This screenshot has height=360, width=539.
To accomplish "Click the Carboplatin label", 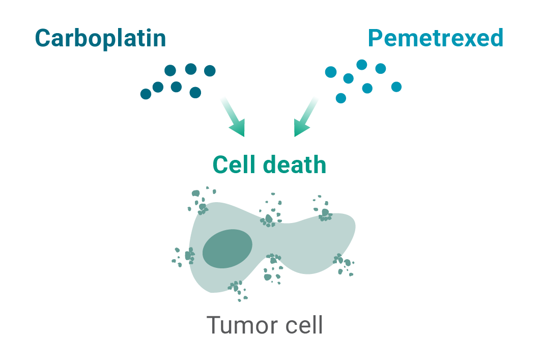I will (x=100, y=38).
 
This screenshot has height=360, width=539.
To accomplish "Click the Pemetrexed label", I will (x=436, y=38).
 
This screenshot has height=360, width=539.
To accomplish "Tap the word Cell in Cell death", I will (x=233, y=165).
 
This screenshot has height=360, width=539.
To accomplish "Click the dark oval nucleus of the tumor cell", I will (x=228, y=248).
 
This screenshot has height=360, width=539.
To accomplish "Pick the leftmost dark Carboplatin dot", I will (x=146, y=94).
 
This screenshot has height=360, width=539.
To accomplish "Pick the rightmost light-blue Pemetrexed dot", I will (x=396, y=87).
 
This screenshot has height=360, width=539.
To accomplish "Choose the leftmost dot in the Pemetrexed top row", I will (x=331, y=72).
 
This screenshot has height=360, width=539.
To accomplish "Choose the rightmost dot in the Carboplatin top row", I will (x=210, y=71).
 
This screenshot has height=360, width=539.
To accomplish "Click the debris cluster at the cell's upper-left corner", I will (x=200, y=201).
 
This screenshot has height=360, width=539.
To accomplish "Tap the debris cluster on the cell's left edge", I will (x=186, y=256).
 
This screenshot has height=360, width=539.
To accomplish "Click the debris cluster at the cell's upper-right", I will (x=323, y=210).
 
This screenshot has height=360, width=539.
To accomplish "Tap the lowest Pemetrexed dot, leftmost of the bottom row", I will (x=341, y=98).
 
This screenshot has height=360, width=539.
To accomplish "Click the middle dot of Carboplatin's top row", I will (x=190, y=69).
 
